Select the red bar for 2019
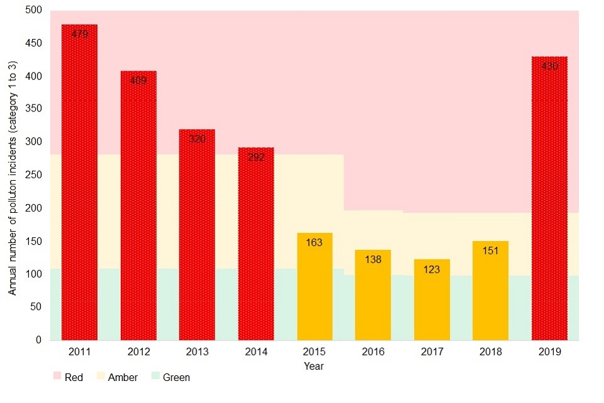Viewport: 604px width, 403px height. click(549, 198)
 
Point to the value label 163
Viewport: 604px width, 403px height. click(315, 242)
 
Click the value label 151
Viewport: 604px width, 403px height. click(490, 251)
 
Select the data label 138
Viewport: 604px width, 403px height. click(373, 259)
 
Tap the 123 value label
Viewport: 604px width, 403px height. click(432, 269)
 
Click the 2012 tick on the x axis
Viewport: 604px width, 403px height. click(138, 352)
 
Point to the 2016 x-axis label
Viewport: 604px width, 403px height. click(373, 352)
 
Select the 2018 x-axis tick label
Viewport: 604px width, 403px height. click(490, 352)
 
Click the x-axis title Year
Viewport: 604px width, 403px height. click(314, 366)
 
